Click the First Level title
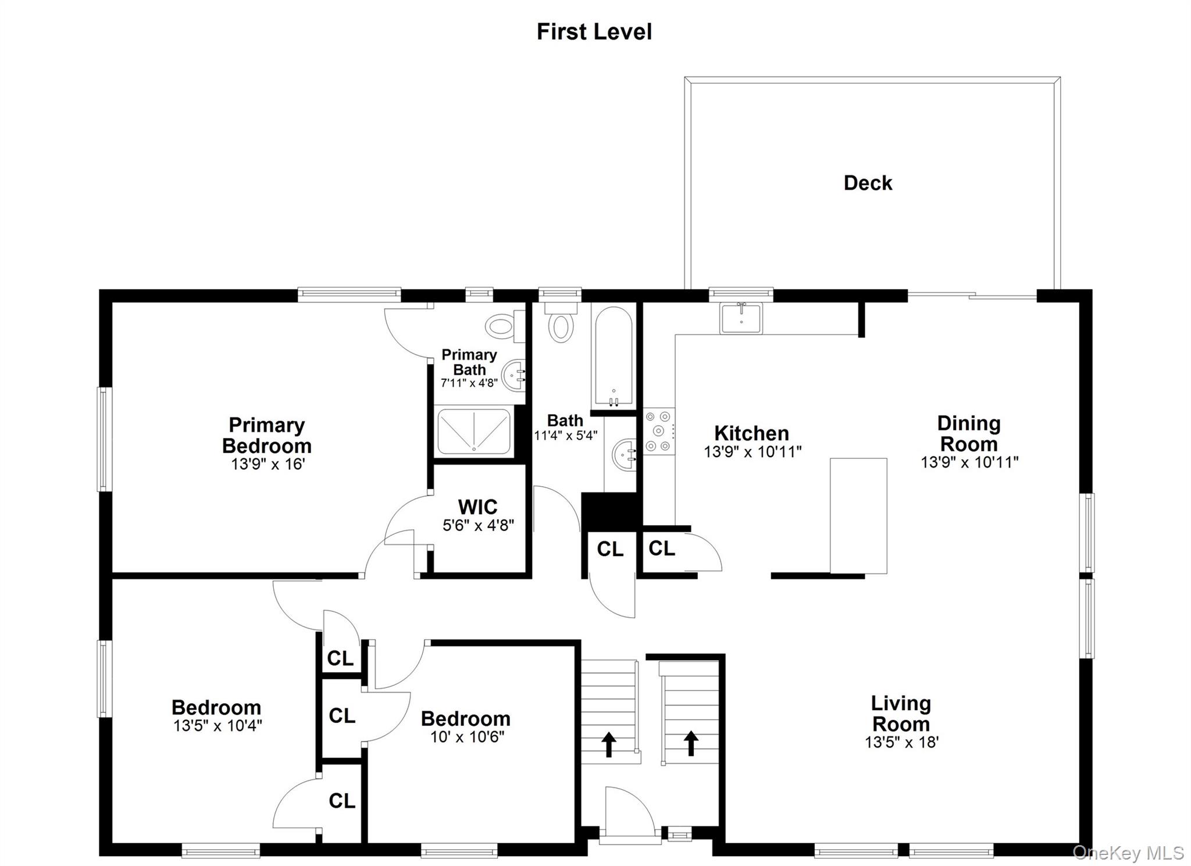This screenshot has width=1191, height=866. [594, 32]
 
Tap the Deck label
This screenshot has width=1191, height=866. [868, 183]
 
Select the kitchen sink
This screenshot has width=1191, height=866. [740, 318]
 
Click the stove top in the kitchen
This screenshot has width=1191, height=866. [658, 431]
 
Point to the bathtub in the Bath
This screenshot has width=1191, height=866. [612, 355]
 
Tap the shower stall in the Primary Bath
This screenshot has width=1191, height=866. [473, 431]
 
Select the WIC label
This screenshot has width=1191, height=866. [477, 507]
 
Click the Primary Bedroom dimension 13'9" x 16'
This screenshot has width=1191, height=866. [268, 464]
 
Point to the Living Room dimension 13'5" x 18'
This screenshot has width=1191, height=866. [901, 742]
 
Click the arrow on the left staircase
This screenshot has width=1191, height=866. [608, 744]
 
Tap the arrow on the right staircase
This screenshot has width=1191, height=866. [691, 743]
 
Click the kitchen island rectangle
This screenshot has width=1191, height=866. [858, 515]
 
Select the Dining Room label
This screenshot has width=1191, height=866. [969, 434]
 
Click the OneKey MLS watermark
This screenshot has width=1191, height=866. [1128, 853]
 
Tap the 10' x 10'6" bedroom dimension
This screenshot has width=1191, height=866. [467, 737]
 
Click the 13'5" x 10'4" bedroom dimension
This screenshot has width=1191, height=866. [217, 726]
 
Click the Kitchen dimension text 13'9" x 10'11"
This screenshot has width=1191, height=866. [753, 452]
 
